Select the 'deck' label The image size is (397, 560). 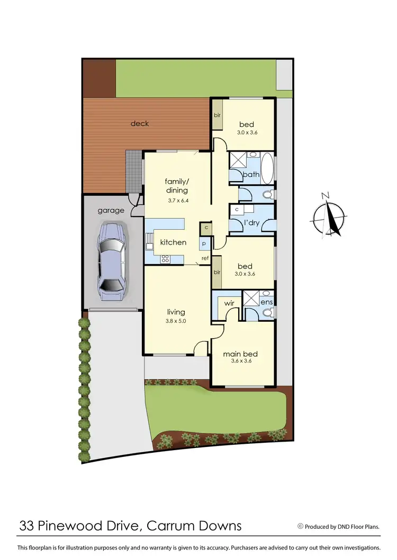(140, 124)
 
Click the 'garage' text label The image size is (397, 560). (111, 210)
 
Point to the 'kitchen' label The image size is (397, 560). (173, 242)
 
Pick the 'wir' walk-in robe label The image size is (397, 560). (229, 303)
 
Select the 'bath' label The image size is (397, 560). (250, 174)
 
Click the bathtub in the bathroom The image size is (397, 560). (267, 166)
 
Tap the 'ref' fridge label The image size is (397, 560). (204, 258)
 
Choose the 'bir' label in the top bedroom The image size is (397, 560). (217, 115)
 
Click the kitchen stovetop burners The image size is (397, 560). (165, 258)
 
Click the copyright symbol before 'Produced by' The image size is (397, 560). (301, 526)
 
